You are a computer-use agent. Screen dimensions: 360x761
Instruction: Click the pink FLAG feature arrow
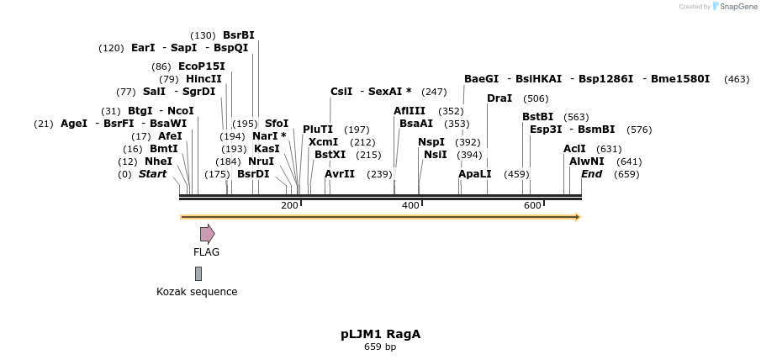coord(207,234)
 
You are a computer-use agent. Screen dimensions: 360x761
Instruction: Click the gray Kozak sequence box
coord(198,273)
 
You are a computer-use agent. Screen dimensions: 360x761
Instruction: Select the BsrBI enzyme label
coord(238,35)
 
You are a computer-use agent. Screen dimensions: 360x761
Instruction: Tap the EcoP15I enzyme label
coord(201,66)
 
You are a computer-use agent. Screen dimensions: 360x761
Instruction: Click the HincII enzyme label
coord(203,79)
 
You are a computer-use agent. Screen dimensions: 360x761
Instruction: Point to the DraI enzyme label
coord(499,98)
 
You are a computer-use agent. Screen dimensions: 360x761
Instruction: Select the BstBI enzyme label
coord(538,117)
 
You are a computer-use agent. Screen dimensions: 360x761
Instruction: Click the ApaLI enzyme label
coord(474,174)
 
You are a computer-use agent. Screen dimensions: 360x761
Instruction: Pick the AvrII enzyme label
coord(340,174)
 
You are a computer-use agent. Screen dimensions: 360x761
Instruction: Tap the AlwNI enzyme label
coord(586,161)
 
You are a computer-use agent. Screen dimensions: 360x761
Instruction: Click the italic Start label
coord(152,174)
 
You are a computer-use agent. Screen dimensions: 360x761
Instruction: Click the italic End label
coord(591,174)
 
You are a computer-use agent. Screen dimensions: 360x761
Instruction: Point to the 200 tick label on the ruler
coord(289,206)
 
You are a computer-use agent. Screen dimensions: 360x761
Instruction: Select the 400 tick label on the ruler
coord(410,206)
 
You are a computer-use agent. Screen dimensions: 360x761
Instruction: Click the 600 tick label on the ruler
coord(532,206)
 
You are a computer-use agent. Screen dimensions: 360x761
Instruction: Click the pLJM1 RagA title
coord(380,334)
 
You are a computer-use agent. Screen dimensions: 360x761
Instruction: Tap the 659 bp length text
coord(380,347)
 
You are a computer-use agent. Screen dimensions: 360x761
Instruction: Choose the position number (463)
coord(736,79)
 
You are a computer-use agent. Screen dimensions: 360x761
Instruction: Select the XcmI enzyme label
coord(324,142)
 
